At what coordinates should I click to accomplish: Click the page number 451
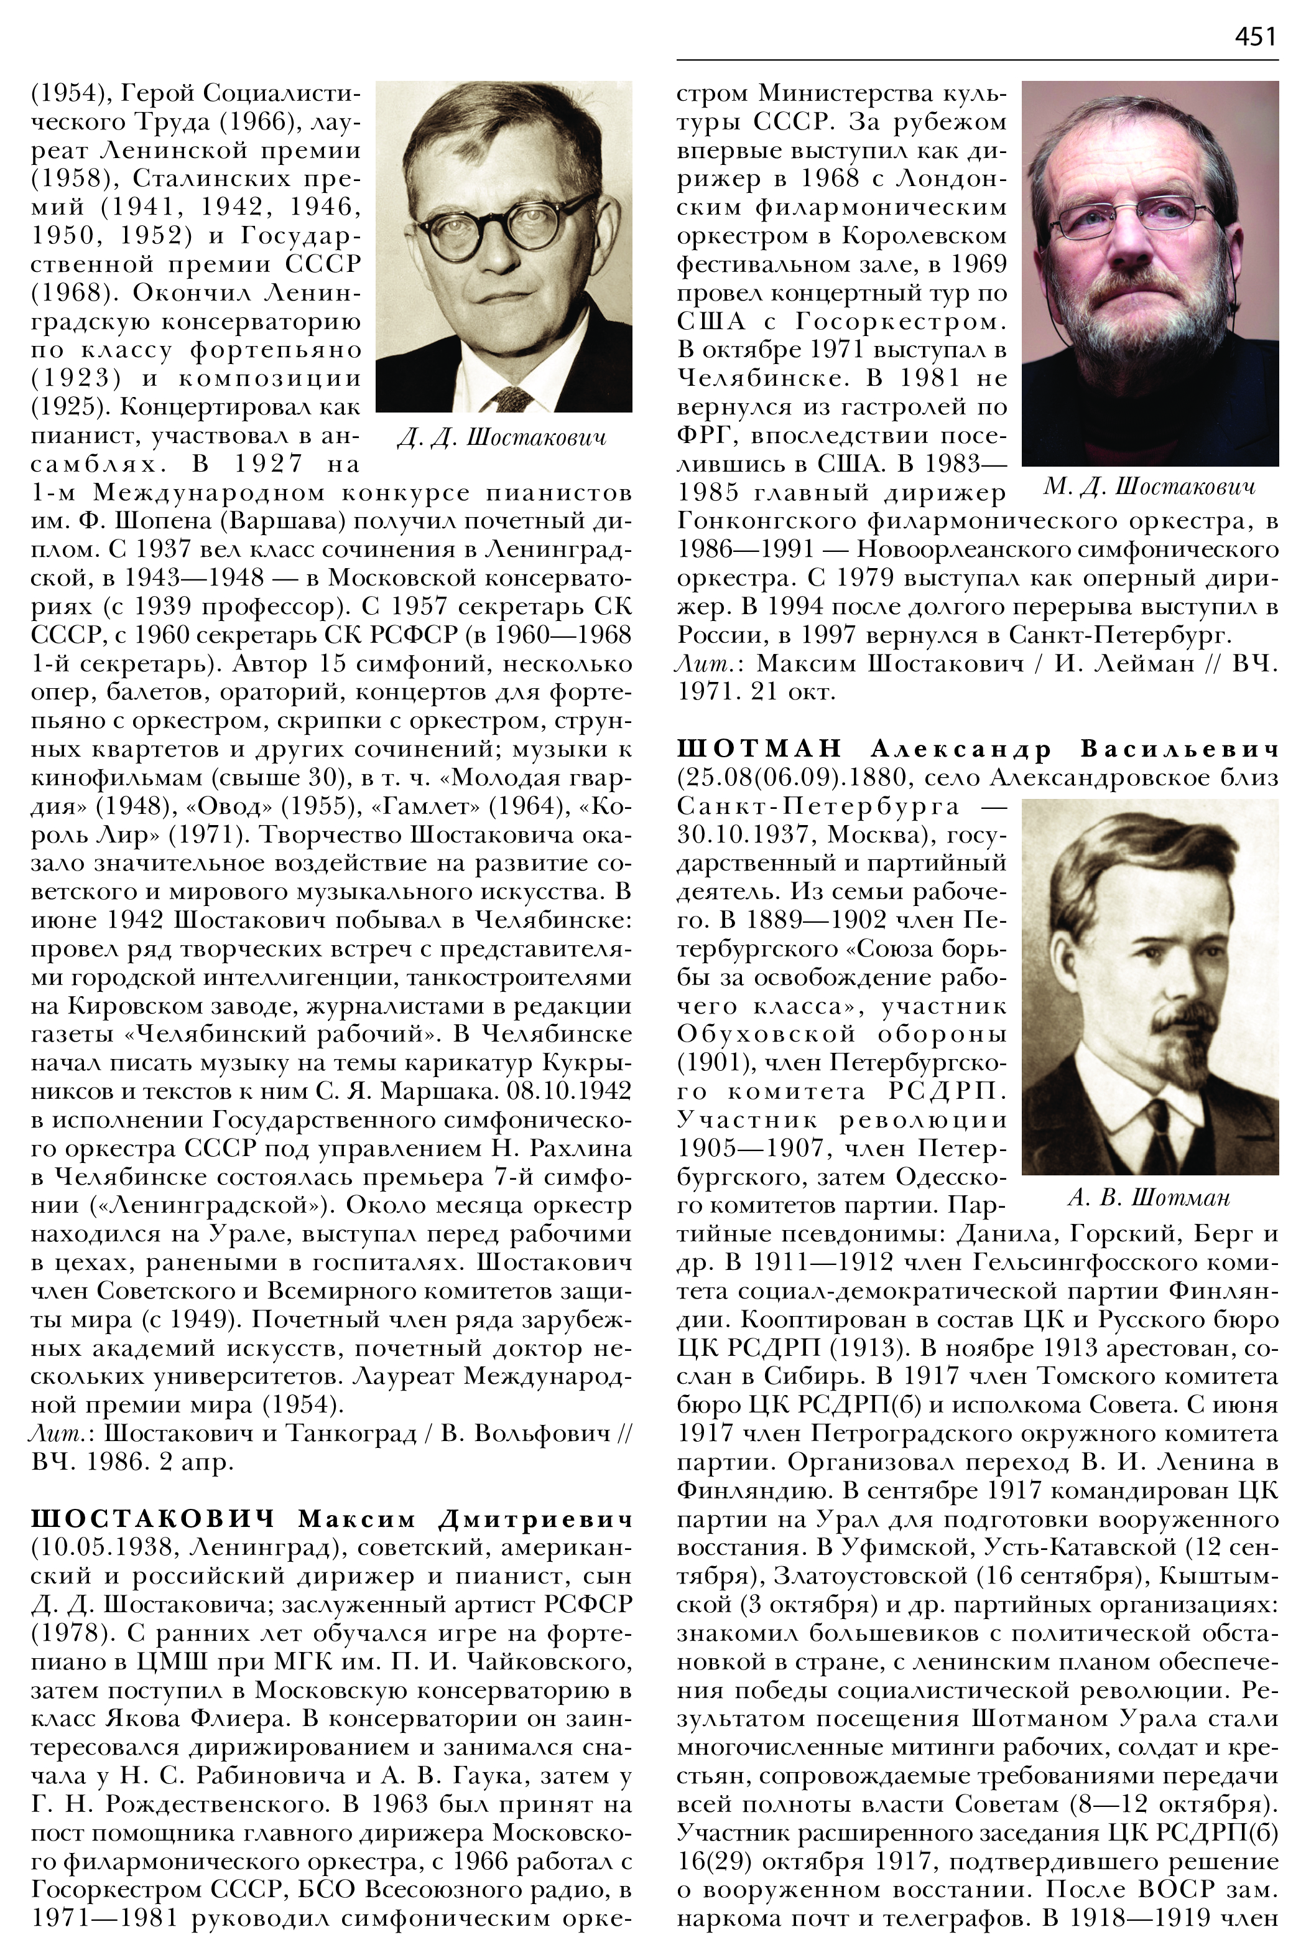tap(1255, 37)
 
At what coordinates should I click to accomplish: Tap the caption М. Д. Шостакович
tap(1149, 487)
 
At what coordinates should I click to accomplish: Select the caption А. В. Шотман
tap(1149, 1198)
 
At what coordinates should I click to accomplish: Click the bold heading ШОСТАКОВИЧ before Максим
tap(153, 1519)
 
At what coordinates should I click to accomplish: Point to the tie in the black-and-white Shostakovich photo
tap(506, 399)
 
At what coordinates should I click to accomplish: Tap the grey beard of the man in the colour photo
tap(1149, 325)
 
